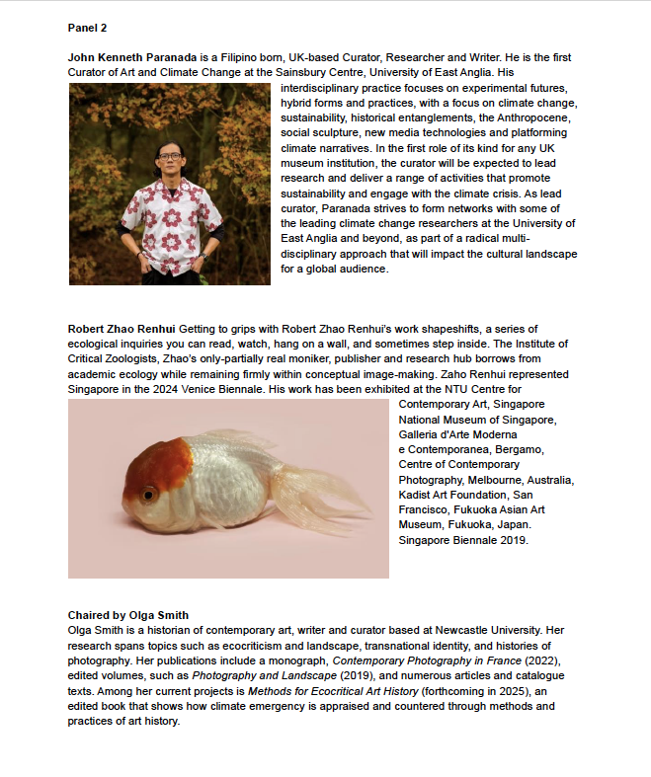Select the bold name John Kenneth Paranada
[x=124, y=58]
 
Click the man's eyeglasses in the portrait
[x=169, y=155]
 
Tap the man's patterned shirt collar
[x=169, y=177]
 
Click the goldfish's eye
[x=148, y=493]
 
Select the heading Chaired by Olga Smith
[x=128, y=615]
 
